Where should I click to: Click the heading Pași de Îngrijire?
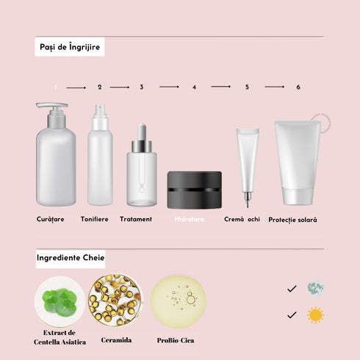pos(70,48)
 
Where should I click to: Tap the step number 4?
pos(195,87)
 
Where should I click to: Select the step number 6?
pos(298,87)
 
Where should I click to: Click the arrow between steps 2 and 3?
pos(119,87)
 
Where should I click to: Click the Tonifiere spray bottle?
pos(100,158)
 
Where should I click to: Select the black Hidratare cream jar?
pos(194,190)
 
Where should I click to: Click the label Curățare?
pos(51,219)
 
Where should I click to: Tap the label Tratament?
pos(136,219)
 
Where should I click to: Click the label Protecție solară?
pos(293,220)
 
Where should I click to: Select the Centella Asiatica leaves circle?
pos(60,301)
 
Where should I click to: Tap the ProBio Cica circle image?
pos(178,301)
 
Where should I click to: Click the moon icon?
pos(315,288)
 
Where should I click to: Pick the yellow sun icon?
pos(316,315)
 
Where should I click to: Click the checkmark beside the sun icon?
pos(292,315)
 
